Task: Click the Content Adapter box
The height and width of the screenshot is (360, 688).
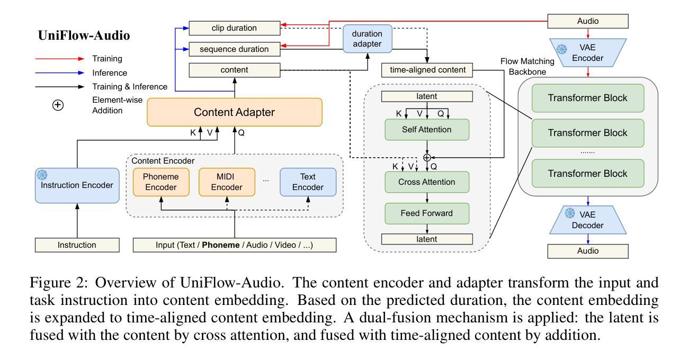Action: [x=234, y=112]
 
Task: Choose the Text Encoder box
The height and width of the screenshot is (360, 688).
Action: [x=308, y=182]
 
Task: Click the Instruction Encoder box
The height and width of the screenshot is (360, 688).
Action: [x=77, y=185]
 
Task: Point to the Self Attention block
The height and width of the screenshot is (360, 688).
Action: [x=427, y=130]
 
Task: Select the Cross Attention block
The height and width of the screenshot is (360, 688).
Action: [x=427, y=182]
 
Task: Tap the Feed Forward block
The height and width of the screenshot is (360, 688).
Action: [x=427, y=213]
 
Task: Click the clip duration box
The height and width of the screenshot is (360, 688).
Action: [x=234, y=28]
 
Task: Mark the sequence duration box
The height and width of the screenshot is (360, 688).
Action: [x=234, y=49]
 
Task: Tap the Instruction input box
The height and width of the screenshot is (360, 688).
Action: [x=77, y=245]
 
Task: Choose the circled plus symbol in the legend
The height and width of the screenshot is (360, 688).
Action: [x=58, y=105]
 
